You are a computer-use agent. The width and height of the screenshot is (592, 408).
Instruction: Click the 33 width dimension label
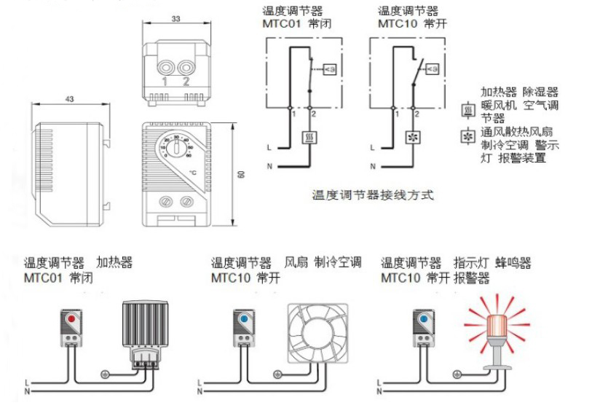click(175, 18)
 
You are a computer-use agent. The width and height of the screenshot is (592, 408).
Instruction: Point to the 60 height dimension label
click(240, 175)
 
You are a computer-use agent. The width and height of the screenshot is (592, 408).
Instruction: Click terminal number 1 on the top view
click(165, 80)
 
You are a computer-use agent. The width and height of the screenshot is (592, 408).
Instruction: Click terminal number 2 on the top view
click(186, 80)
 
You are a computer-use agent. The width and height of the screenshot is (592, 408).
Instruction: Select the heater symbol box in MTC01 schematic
click(309, 136)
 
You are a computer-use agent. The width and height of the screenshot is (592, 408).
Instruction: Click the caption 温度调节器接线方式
click(372, 195)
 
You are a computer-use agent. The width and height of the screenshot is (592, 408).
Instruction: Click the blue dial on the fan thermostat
click(243, 320)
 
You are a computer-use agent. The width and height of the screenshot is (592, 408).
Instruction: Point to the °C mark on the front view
click(192, 172)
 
